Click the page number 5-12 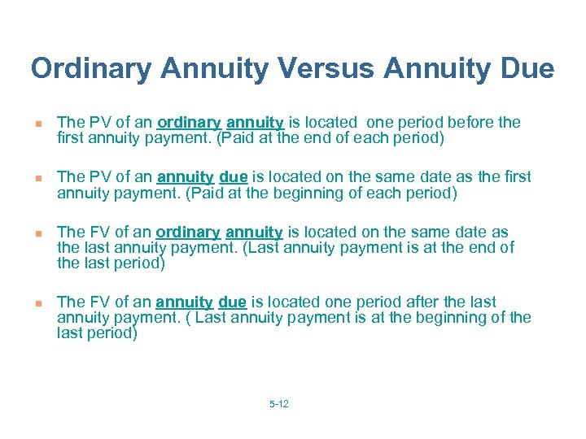coord(278,403)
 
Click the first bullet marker coord(37,124)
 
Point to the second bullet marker coord(37,178)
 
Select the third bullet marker coord(37,233)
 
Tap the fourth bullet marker coord(37,303)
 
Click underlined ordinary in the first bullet coord(189,123)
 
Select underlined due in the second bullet coord(234,177)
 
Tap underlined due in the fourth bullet coord(233,302)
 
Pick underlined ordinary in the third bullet coord(188,233)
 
